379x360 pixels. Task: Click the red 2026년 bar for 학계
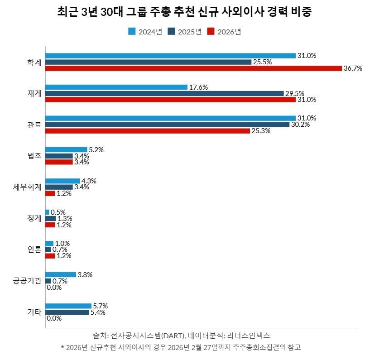point(193,68)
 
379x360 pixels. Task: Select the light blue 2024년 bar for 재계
point(116,87)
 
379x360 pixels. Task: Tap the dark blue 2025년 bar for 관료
point(167,125)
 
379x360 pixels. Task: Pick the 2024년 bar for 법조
point(66,149)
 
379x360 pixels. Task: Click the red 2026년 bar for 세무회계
point(50,193)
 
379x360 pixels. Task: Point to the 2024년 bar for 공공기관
point(61,274)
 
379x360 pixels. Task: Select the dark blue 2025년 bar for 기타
point(67,312)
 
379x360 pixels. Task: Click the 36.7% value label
point(354,68)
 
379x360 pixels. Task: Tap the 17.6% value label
point(198,87)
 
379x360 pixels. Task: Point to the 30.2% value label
point(301,125)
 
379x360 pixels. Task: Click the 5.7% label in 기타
point(100,306)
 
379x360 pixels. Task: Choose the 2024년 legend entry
point(145,31)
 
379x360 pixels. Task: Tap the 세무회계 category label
point(28,187)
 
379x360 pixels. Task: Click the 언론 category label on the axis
point(34,250)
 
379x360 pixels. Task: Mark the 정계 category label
point(34,218)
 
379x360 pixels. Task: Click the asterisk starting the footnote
point(62,348)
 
